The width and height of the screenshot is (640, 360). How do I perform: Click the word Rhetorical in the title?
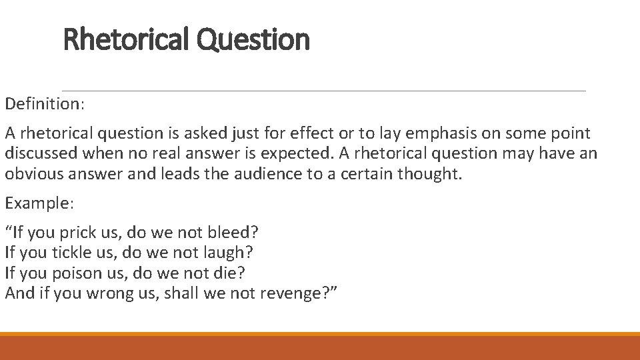(127, 39)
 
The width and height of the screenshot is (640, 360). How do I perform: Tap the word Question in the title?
(253, 39)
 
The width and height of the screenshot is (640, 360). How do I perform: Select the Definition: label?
(45, 105)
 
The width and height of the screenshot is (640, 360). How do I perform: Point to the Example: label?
(41, 204)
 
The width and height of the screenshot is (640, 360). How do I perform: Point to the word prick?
(78, 233)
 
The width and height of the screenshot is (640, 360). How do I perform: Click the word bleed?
(231, 233)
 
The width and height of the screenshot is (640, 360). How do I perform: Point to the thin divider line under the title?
(324, 91)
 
